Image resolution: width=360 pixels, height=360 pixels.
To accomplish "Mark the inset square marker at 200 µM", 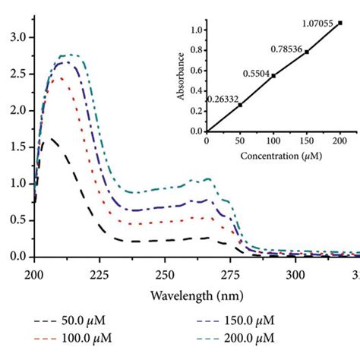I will pyautogui.click(x=340, y=23).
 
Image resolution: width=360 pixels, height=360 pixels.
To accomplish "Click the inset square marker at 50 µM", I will pyautogui.click(x=240, y=105).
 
